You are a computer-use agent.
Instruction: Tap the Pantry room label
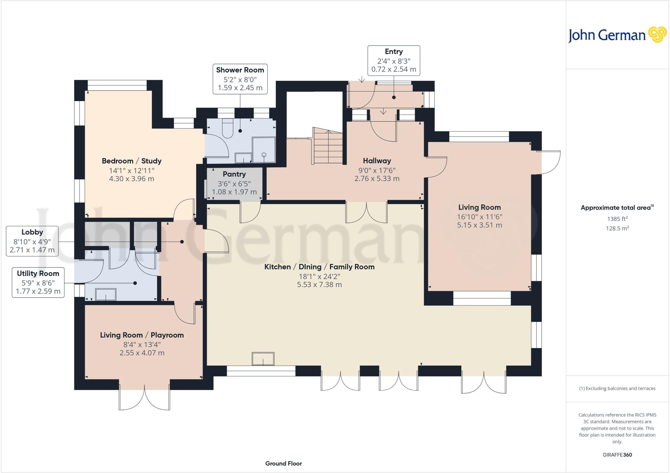point(234,174)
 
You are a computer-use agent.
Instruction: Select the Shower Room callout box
point(240,79)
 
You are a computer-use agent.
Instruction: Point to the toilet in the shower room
point(227,129)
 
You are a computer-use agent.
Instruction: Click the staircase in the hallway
point(328,146)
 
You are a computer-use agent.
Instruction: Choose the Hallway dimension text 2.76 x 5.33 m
point(377,179)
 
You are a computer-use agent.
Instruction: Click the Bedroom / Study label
point(132,161)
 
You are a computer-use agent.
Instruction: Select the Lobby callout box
point(32,241)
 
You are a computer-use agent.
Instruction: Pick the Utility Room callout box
point(38,283)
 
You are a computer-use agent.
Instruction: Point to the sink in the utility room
point(106,294)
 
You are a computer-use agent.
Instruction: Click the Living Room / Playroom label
point(142,335)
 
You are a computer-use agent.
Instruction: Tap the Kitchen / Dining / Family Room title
point(319,267)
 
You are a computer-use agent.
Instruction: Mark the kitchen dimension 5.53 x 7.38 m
point(319,285)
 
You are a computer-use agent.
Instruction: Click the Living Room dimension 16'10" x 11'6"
point(480,217)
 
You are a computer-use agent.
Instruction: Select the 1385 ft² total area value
point(617,219)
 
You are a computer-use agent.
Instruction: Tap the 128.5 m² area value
point(617,228)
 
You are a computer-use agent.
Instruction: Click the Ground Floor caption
point(284,464)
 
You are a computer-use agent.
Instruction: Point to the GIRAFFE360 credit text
point(617,455)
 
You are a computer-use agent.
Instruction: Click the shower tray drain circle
point(264,155)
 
